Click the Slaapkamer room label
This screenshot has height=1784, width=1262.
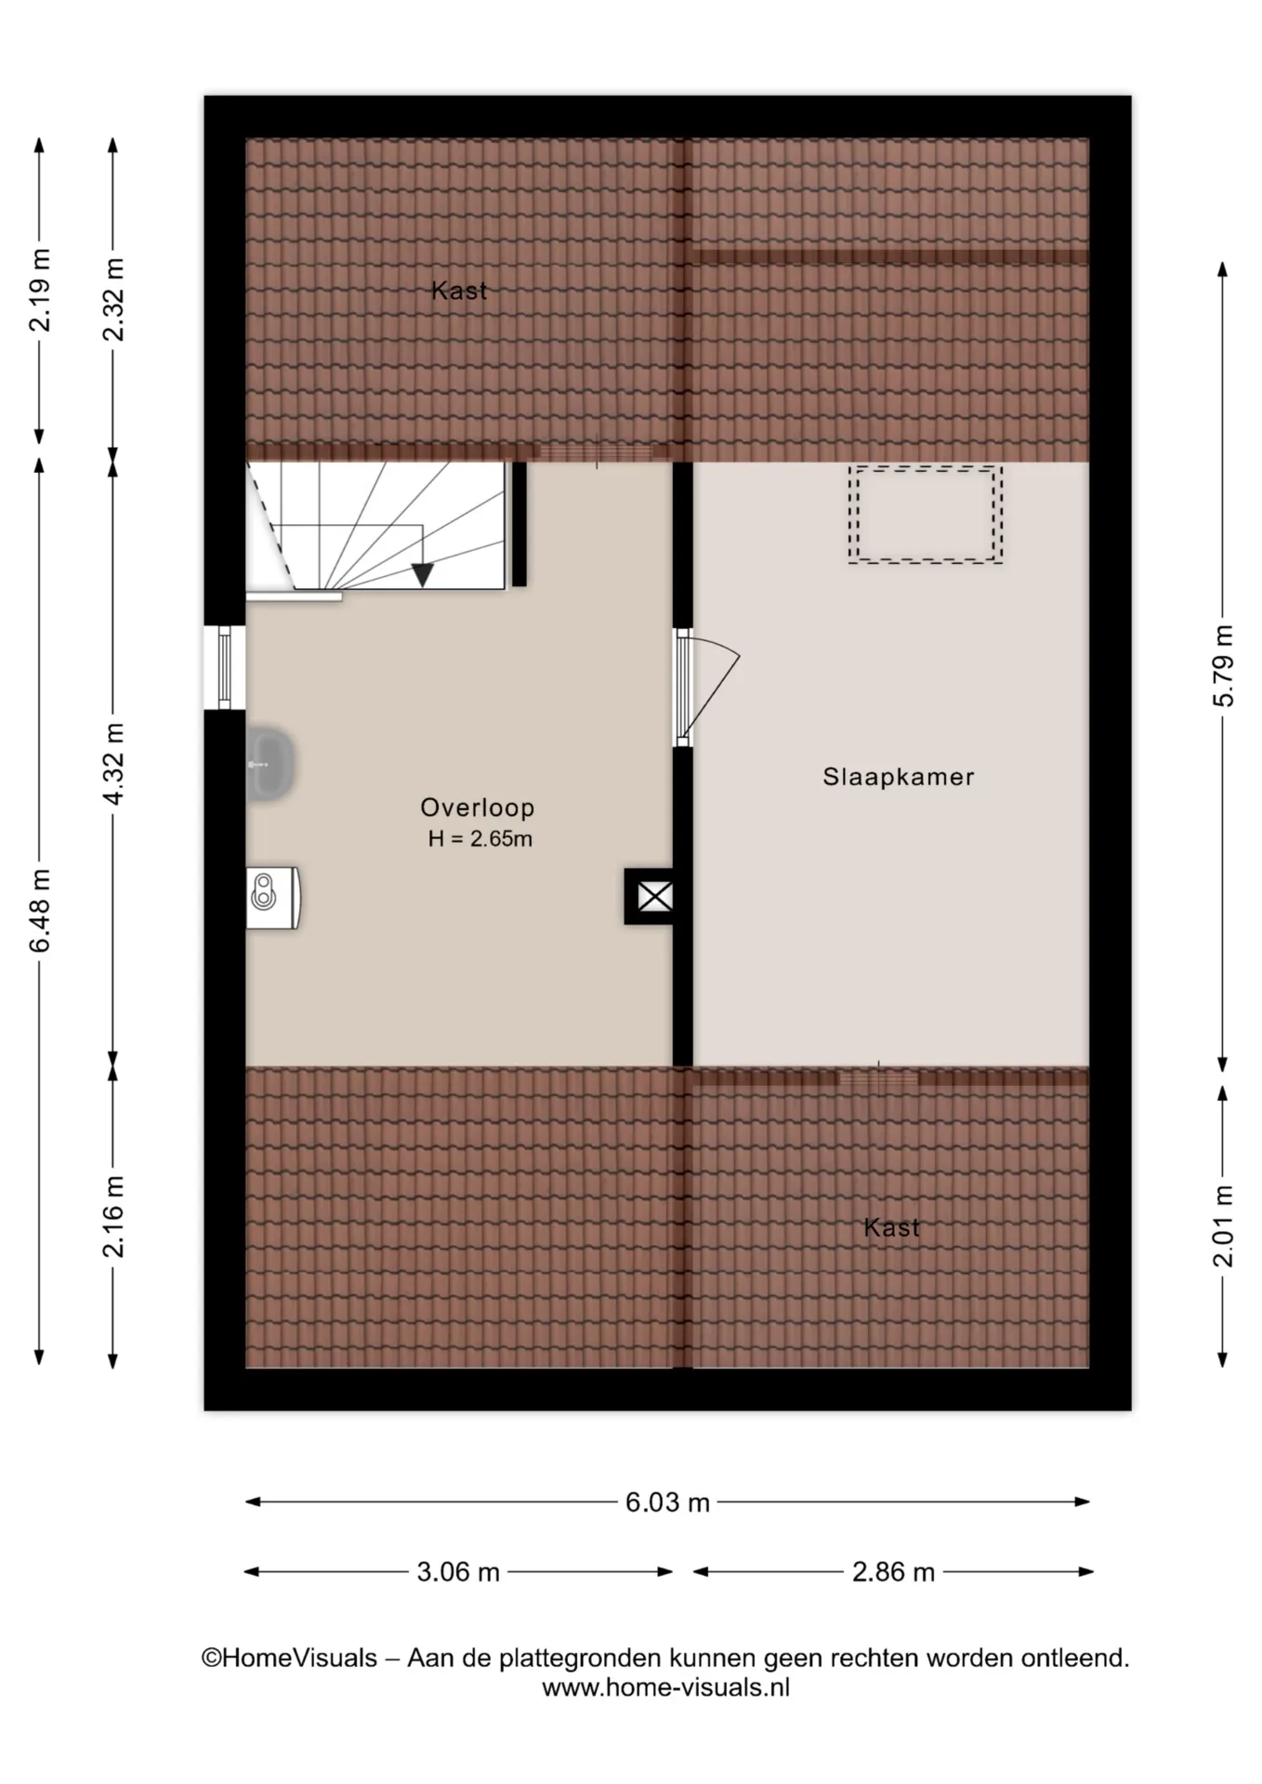point(898,777)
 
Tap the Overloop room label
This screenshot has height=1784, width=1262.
point(478,807)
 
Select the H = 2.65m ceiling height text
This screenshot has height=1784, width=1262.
point(480,839)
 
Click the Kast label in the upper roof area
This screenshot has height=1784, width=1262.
point(459,291)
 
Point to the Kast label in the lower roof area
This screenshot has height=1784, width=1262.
point(891,1227)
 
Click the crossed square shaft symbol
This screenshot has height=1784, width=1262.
point(654,897)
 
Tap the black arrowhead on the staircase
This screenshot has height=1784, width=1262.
point(423,575)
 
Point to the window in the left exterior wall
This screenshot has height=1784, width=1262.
point(224,667)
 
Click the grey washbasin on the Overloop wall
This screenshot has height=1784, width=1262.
point(269,765)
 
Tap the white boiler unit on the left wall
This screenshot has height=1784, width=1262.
point(272,898)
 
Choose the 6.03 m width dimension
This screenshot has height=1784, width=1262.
point(667,1502)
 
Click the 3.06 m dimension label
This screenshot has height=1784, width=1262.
point(458,1572)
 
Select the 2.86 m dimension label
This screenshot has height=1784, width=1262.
point(893,1572)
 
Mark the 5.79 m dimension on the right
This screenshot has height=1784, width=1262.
point(1224,665)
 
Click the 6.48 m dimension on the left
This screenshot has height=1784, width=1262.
point(40,911)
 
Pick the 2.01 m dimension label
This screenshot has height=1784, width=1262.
point(1224,1226)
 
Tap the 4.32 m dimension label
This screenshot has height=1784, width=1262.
point(113,765)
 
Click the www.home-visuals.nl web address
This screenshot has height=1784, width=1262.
point(665,1687)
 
